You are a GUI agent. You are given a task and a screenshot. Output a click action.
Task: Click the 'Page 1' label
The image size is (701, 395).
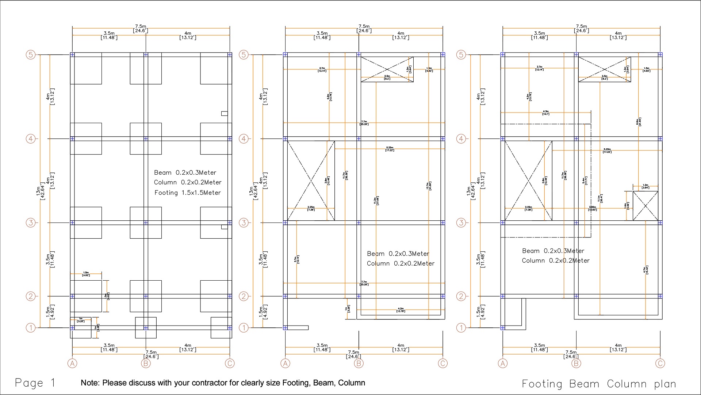click(x=35, y=383)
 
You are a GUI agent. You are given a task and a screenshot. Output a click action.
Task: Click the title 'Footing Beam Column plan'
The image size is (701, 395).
click(x=599, y=384)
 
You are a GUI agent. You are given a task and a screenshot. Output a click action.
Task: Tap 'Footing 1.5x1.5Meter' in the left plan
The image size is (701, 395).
click(x=187, y=193)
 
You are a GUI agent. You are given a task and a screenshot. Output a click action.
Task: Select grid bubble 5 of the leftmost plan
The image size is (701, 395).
click(x=31, y=55)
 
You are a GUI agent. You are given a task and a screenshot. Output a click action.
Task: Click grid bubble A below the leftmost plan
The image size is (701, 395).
click(x=72, y=363)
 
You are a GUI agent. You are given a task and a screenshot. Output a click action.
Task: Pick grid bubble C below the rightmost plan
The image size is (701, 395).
click(x=660, y=363)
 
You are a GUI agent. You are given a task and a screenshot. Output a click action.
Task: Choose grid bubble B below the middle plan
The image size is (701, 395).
click(x=359, y=363)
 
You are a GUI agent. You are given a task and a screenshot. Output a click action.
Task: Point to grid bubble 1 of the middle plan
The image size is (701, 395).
click(x=244, y=328)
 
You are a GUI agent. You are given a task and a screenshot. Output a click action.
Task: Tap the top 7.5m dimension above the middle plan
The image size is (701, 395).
click(x=364, y=29)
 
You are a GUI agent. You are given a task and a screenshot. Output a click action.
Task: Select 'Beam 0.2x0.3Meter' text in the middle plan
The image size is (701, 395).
click(x=398, y=254)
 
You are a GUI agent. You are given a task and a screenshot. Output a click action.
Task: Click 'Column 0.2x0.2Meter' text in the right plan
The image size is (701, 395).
click(x=555, y=261)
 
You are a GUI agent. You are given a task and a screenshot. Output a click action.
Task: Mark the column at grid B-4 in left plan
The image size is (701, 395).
click(x=146, y=139)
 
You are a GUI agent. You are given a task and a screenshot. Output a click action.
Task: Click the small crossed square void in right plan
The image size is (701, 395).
click(x=645, y=206)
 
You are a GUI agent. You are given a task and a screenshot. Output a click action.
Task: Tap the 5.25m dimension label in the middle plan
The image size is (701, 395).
click(x=390, y=149)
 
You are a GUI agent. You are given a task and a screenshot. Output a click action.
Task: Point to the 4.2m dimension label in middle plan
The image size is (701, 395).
click(x=401, y=310)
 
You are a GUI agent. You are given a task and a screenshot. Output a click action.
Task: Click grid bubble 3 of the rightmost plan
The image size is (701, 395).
click(x=461, y=223)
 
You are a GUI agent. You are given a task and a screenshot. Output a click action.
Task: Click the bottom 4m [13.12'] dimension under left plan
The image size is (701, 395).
click(x=188, y=347)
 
